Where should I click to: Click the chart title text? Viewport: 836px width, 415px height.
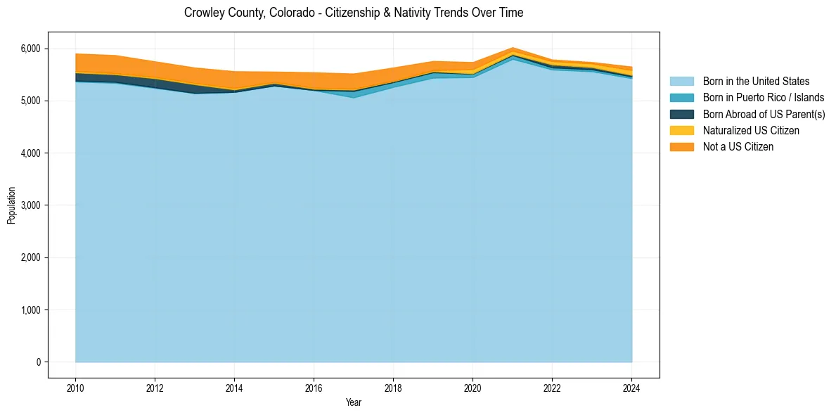pyautogui.click(x=354, y=13)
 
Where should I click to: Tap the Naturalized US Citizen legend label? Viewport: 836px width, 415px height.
pyautogui.click(x=751, y=130)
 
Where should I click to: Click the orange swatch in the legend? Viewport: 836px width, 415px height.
pyautogui.click(x=681, y=146)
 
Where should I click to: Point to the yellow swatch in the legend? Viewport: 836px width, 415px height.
pyautogui.click(x=681, y=130)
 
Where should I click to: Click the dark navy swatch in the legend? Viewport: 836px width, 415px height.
pyautogui.click(x=681, y=114)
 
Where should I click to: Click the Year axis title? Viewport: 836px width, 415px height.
pyautogui.click(x=354, y=402)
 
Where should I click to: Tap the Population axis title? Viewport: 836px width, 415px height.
pyautogui.click(x=11, y=205)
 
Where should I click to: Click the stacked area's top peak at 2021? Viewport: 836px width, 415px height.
pyautogui.click(x=513, y=48)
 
